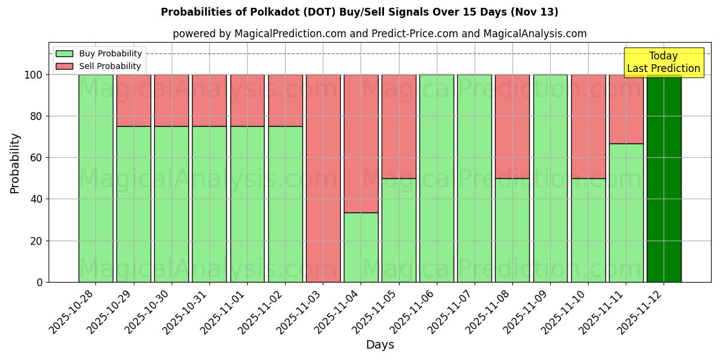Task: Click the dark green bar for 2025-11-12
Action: click(664, 178)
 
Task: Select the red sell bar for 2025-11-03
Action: click(323, 178)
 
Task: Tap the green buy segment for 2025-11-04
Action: click(361, 247)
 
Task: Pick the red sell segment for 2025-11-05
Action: click(398, 126)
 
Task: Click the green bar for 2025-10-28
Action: click(95, 178)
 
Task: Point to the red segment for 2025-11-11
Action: click(626, 109)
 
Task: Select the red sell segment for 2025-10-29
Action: click(133, 100)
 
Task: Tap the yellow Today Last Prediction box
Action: click(663, 62)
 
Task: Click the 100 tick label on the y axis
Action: click(34, 75)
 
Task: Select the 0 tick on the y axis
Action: click(40, 282)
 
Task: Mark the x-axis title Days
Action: click(380, 345)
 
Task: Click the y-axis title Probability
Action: click(15, 163)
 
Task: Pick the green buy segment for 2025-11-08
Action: click(512, 230)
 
